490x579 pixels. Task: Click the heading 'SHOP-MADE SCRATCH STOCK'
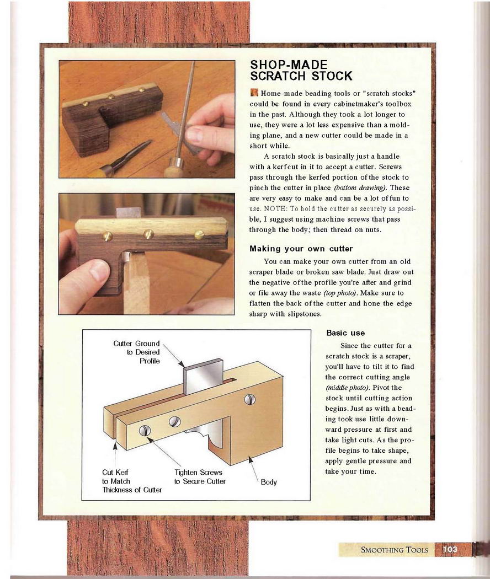click(x=301, y=70)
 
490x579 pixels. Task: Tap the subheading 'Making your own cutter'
click(x=301, y=249)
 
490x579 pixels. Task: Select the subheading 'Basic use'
click(x=345, y=333)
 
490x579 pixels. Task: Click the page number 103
click(x=450, y=549)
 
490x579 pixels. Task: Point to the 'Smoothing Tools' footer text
click(x=395, y=550)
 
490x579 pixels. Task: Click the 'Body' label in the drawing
click(x=269, y=482)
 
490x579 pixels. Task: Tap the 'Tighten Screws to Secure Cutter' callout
click(x=200, y=477)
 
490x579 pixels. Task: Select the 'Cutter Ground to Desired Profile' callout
click(x=137, y=352)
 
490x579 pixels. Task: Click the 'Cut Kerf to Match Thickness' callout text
click(x=132, y=481)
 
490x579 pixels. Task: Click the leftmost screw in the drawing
click(x=145, y=430)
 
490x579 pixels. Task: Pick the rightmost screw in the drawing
click(x=250, y=399)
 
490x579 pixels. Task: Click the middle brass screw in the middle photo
click(x=148, y=234)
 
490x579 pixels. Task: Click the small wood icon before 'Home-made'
click(x=253, y=93)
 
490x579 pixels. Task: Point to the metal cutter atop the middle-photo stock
click(x=129, y=213)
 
